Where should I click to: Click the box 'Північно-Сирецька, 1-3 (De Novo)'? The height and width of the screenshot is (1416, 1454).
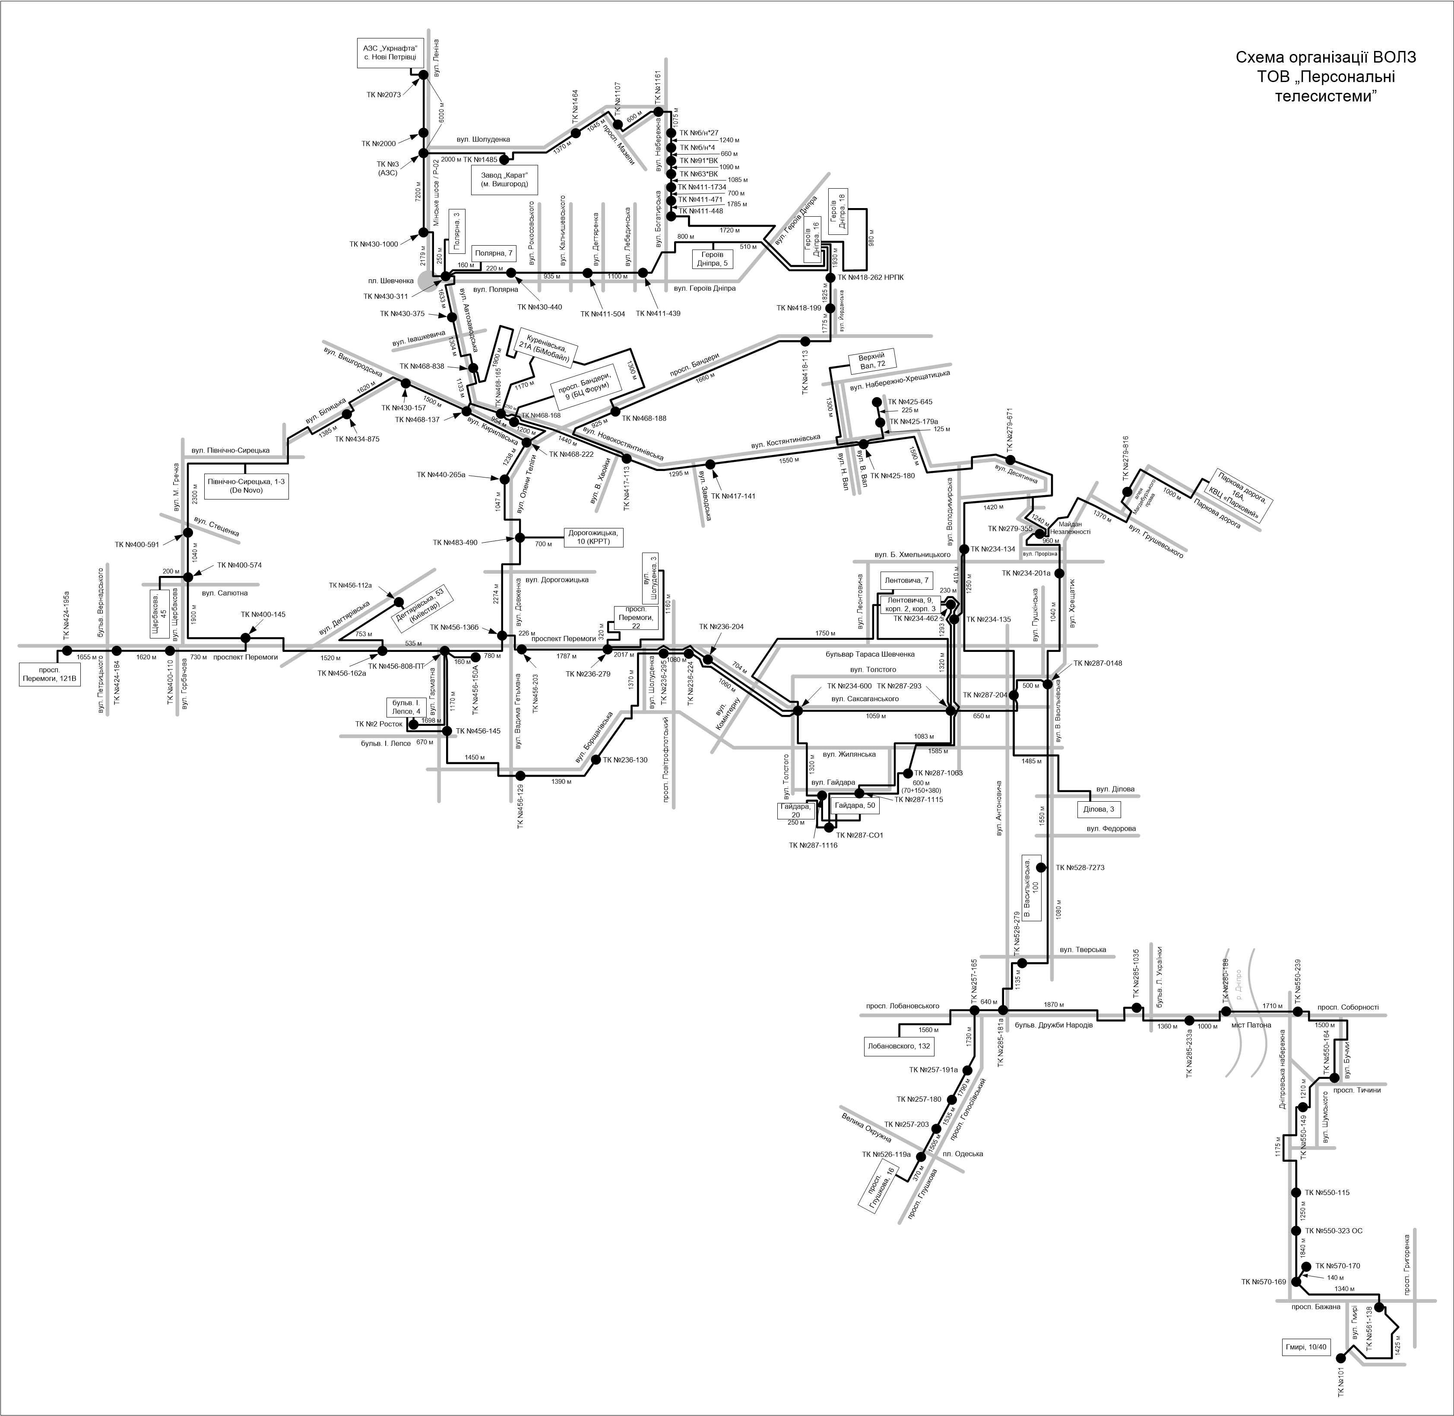point(246,486)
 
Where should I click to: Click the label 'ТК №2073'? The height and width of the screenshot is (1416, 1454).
point(384,95)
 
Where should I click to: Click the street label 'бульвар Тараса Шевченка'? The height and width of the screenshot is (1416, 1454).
point(870,654)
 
